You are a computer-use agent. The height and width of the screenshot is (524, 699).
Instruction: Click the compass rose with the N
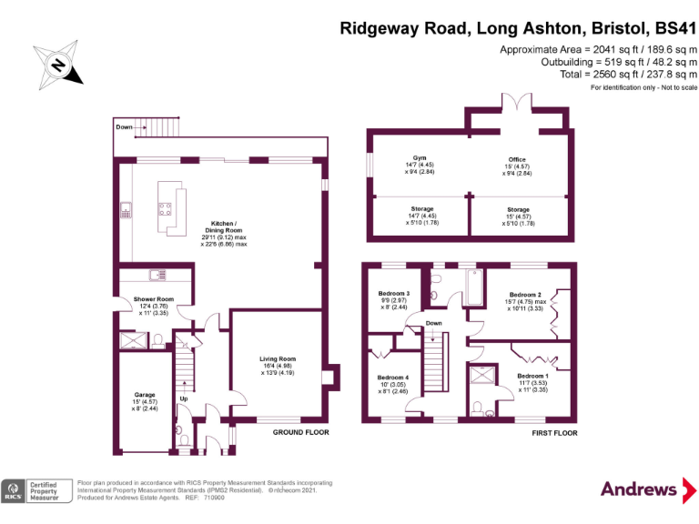(x=57, y=65)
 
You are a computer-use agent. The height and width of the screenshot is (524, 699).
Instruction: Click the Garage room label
(x=144, y=395)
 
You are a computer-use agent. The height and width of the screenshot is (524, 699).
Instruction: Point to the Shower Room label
(x=152, y=298)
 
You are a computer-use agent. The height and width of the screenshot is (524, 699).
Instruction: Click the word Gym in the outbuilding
(x=419, y=156)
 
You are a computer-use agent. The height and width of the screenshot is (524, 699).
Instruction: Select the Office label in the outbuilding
(x=517, y=159)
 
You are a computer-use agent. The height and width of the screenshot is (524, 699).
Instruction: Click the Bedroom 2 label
(x=525, y=295)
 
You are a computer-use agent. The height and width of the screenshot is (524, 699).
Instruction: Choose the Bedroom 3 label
(x=393, y=293)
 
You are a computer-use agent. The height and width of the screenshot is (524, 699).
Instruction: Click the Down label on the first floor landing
(x=434, y=323)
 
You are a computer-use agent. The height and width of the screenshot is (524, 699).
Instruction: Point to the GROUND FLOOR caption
(x=300, y=433)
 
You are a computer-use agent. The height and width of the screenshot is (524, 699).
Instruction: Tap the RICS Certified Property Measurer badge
(x=36, y=490)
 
